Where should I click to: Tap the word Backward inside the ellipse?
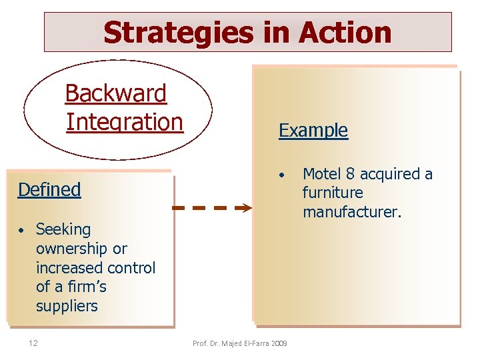coord(116,94)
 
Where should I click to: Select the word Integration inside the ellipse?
coord(125,123)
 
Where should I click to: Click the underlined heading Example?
coord(313,130)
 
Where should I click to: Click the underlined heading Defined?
coord(49,189)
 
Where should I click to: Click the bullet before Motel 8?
coord(283,175)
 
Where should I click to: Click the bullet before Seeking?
coord(22,231)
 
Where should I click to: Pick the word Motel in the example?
coord(323,174)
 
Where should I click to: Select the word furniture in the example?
coord(333,193)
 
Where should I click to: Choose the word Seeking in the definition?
coord(63,229)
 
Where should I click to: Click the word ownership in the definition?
coord(71,249)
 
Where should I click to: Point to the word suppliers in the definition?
coord(67,306)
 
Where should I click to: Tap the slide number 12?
coord(33,343)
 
